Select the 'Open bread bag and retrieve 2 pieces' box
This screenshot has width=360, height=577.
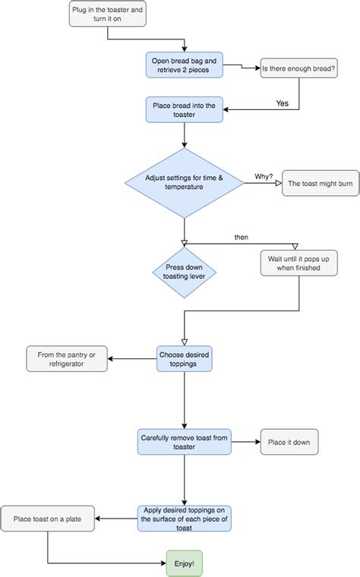click(x=185, y=65)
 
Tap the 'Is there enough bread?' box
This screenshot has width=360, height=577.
click(x=298, y=69)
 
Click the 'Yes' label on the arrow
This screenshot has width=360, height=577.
click(x=283, y=102)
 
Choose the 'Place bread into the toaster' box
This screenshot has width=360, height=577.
click(x=185, y=109)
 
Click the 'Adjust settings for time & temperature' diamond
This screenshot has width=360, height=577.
click(x=185, y=182)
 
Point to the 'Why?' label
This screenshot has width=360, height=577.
click(x=264, y=176)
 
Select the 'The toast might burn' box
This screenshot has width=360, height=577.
click(x=321, y=183)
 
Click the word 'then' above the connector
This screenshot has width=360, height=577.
click(x=241, y=238)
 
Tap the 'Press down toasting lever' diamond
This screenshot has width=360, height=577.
click(x=185, y=273)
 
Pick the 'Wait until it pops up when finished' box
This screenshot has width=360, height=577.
click(x=298, y=263)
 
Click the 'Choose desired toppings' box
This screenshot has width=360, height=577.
click(x=185, y=358)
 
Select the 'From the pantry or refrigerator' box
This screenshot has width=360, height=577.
click(x=68, y=358)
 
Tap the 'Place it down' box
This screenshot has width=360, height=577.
click(x=289, y=442)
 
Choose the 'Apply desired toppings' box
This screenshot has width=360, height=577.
click(x=185, y=519)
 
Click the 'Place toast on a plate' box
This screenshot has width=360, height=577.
click(x=47, y=519)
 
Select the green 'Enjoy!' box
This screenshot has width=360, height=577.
click(x=185, y=563)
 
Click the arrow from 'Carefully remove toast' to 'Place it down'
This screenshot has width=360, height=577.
click(x=245, y=442)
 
